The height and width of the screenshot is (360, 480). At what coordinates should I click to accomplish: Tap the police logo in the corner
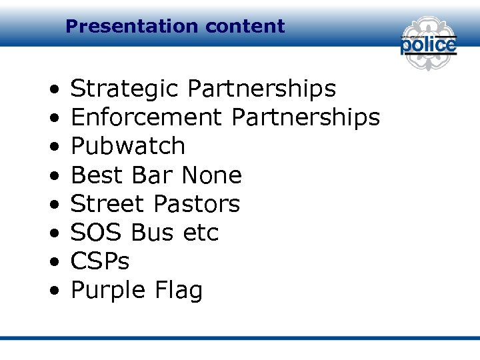[x=428, y=44]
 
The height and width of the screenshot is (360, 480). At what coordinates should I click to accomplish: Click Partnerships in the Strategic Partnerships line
[x=262, y=89]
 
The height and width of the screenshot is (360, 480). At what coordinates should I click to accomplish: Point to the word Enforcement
[x=146, y=118]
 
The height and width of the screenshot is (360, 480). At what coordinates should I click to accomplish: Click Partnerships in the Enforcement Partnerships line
[x=305, y=118]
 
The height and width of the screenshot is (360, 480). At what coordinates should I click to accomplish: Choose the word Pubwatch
[x=128, y=146]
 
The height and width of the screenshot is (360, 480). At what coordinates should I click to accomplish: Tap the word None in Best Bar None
[x=211, y=175]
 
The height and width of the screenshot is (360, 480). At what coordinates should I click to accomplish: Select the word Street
[x=107, y=204]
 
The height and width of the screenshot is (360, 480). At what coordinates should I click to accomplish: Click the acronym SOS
[x=97, y=233]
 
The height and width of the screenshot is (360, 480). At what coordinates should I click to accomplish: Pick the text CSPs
[x=100, y=261]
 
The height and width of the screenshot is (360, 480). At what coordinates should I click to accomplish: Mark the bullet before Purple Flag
[x=53, y=291]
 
